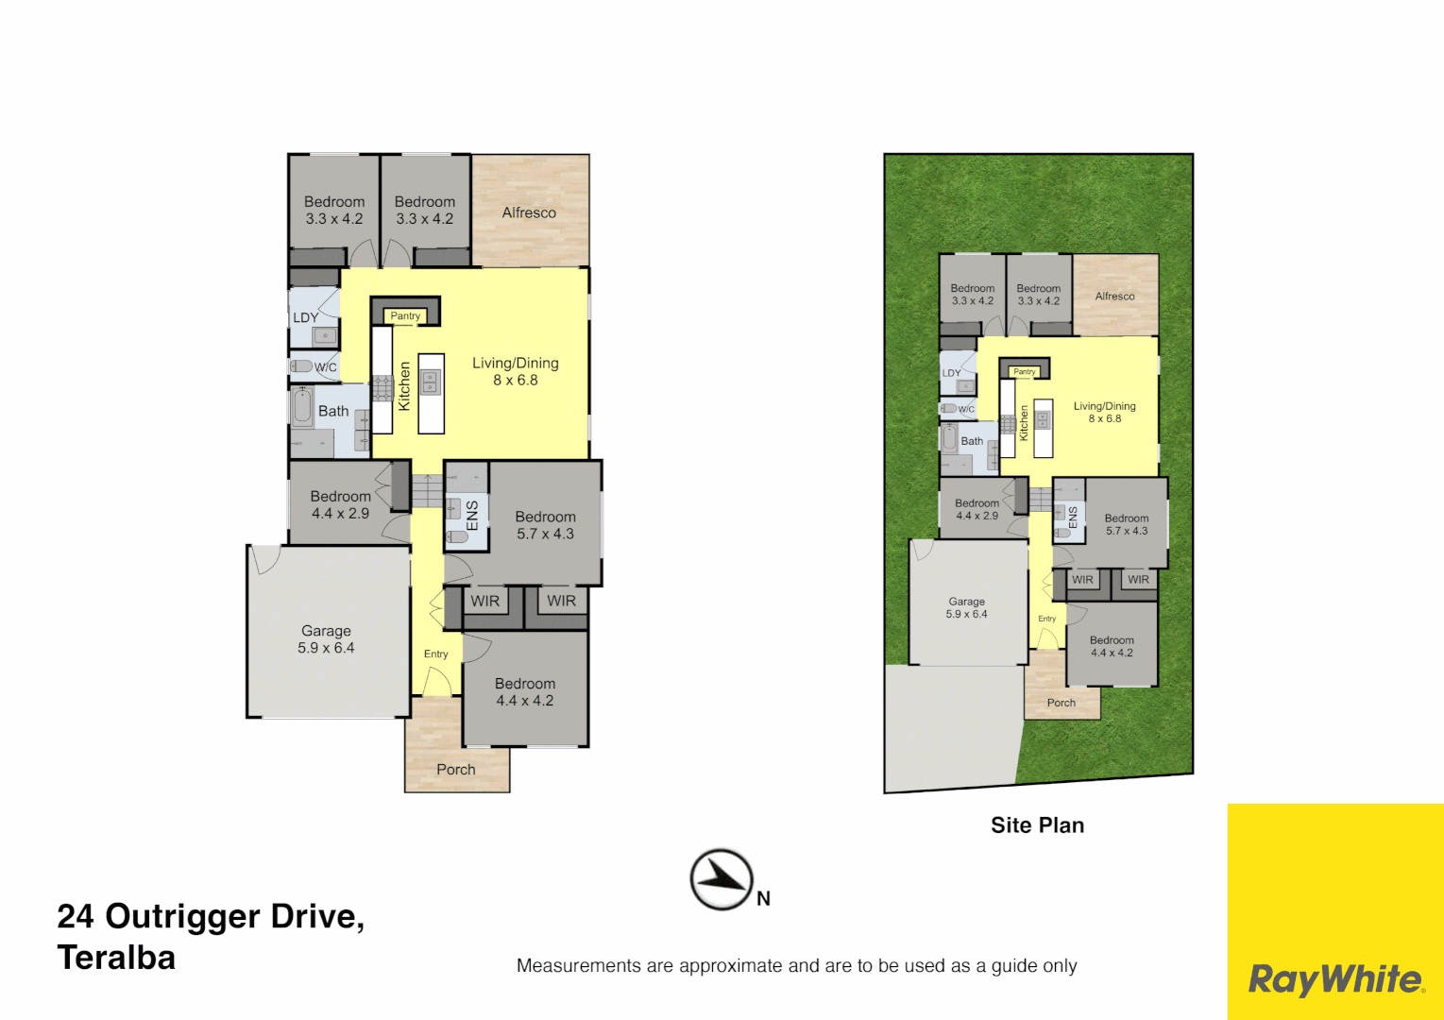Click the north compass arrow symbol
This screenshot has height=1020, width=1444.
pos(722,879)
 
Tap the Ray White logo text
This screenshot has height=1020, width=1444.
pos(1335,979)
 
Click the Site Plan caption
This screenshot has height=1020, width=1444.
pos(1037,824)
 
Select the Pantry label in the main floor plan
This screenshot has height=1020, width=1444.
pos(405,315)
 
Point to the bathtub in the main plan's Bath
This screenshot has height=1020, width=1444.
pos(303,407)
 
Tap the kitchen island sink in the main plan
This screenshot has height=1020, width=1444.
pos(431,382)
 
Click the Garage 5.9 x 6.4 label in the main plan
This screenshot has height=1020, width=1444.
pos(326,639)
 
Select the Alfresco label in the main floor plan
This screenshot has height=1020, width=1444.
pos(529,212)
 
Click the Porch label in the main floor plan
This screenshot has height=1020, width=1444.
pos(456,769)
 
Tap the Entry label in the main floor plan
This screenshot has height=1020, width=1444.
pos(435,654)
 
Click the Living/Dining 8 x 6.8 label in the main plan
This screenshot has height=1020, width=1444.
pos(516,371)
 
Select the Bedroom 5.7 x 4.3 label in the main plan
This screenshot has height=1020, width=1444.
pos(545,525)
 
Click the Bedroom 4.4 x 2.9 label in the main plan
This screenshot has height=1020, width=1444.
pos(340,504)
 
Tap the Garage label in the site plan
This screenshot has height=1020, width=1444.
pos(966,607)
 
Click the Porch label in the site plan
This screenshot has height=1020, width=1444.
pos(1061,703)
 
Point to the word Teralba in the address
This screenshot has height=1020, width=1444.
pos(116,958)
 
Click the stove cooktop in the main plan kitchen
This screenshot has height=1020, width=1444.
pos(382,388)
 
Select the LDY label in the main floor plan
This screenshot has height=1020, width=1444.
pos(305,317)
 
